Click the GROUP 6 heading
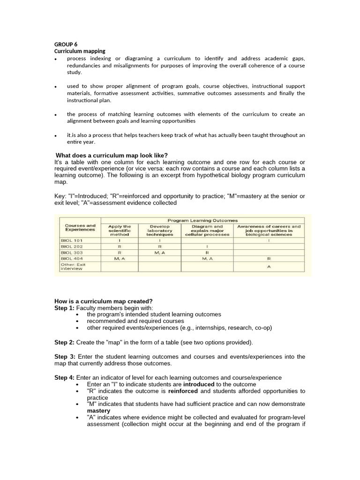tap(66, 45)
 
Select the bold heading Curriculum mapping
tap(80, 51)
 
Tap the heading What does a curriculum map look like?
tap(112, 156)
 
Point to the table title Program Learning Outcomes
tap(202, 220)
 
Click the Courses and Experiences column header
tap(80, 228)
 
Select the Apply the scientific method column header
tap(120, 230)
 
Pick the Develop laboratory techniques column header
tap(159, 230)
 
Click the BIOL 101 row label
tap(72, 240)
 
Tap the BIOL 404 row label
tap(72, 258)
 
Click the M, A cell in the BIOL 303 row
tap(159, 252)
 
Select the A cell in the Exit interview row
tap(269, 266)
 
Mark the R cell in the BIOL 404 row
tap(269, 258)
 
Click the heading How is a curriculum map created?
tap(104, 301)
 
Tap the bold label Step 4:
tap(64, 377)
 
